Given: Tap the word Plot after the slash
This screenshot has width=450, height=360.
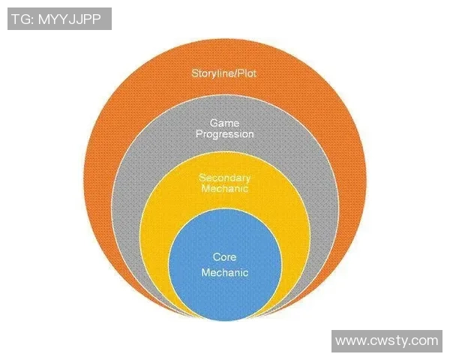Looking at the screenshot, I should tap(247, 73).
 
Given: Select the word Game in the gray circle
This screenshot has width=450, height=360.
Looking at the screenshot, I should tap(224, 121).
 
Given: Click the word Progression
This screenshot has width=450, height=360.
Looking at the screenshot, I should tap(224, 134).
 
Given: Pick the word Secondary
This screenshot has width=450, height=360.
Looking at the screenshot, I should tap(224, 178).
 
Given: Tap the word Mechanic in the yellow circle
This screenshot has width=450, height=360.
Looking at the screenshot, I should tap(224, 190).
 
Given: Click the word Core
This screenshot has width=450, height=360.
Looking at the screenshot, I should tap(224, 257).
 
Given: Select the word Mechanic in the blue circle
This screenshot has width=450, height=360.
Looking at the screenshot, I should tap(224, 273).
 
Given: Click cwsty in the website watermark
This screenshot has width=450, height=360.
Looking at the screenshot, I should tap(388, 341).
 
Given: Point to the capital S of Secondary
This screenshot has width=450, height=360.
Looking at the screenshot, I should tap(202, 178).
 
